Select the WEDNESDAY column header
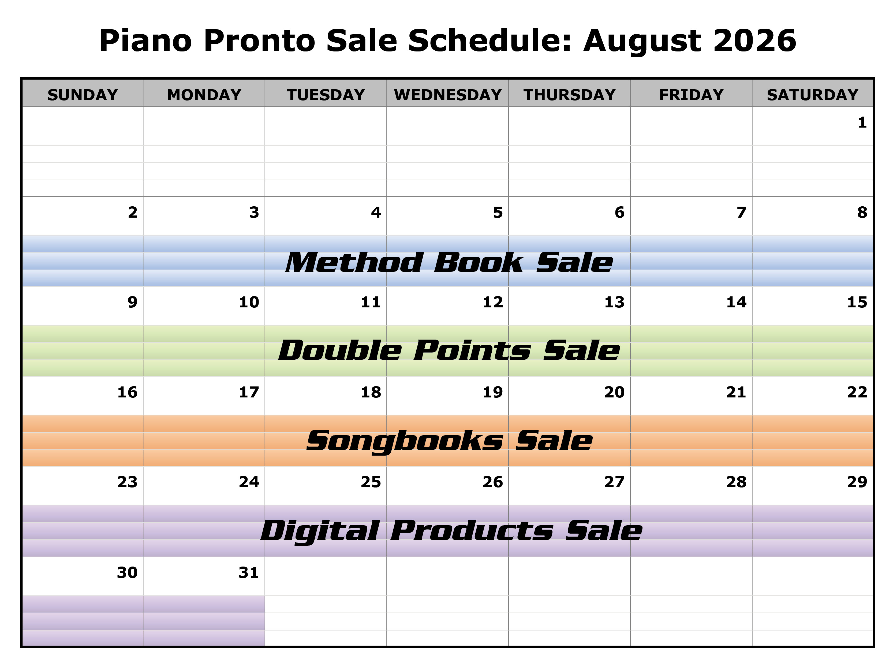[x=448, y=95]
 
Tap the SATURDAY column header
[x=812, y=95]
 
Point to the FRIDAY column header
[x=691, y=95]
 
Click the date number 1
[x=862, y=122]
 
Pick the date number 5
[x=498, y=213]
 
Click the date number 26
[x=492, y=482]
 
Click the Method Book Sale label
[x=449, y=263]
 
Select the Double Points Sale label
[x=449, y=350]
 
